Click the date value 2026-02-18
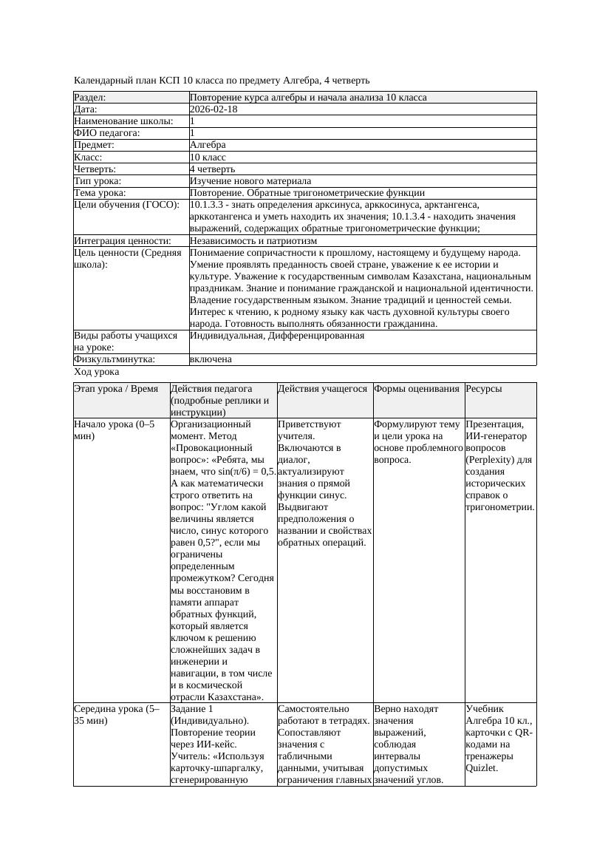pos(214,109)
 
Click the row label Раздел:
pos(90,98)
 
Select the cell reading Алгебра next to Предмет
pos(208,145)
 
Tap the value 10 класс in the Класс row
pos(208,157)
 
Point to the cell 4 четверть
pos(213,169)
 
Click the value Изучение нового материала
pos(250,181)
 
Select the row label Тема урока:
pos(100,193)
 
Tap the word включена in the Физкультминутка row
pos(211,359)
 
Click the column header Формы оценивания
pos(417,389)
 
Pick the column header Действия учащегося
pos(323,389)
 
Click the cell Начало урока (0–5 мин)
pos(114,430)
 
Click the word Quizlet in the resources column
pos(482,767)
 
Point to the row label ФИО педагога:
pos(107,133)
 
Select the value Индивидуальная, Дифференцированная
pos(276,336)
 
